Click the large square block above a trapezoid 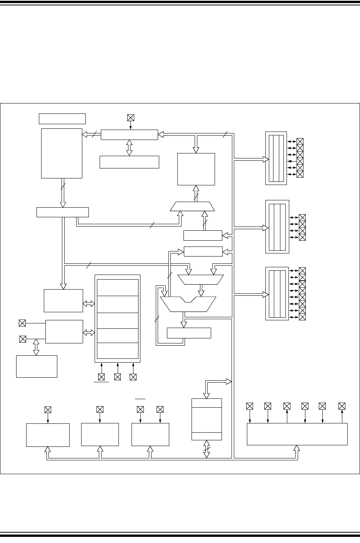(x=196, y=169)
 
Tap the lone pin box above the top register (x=130, y=118)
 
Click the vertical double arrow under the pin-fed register (x=129, y=148)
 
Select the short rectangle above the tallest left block (x=62, y=118)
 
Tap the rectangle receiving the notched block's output (x=189, y=333)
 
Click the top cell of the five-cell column (x=118, y=288)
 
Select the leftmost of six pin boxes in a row (x=250, y=406)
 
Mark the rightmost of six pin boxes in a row (x=342, y=406)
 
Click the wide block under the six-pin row (x=297, y=434)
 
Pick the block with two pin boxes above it (x=150, y=435)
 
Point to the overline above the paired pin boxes (x=140, y=399)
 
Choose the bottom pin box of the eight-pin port (x=302, y=317)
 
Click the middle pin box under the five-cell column (x=118, y=377)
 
